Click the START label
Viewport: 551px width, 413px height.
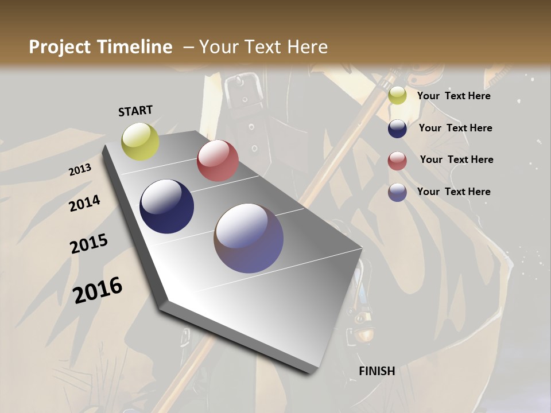[x=135, y=111]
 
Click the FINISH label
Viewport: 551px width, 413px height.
[x=377, y=371]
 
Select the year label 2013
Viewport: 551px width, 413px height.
[x=80, y=170]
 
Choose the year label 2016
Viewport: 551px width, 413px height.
[x=98, y=290]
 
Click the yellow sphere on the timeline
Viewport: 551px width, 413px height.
[x=140, y=141]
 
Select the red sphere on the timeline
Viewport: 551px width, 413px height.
[x=218, y=161]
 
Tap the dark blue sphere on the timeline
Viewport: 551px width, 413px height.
[x=166, y=206]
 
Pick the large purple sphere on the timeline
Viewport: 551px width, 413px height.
[x=249, y=238]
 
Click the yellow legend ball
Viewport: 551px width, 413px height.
[x=397, y=96]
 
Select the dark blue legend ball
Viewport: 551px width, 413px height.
[x=397, y=128]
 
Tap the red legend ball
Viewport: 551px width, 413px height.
[x=397, y=161]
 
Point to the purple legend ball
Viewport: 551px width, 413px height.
[x=397, y=192]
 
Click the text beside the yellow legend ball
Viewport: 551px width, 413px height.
[x=453, y=96]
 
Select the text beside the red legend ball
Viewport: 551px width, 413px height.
[x=456, y=159]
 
